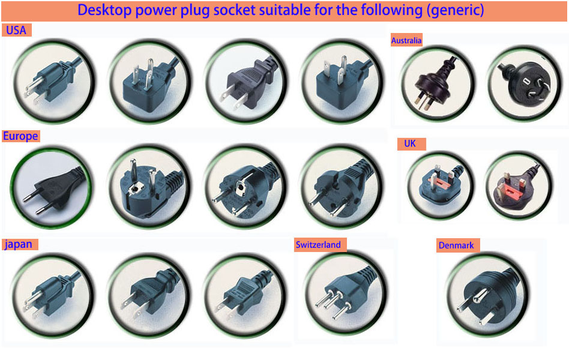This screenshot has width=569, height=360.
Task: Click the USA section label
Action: coord(16,30)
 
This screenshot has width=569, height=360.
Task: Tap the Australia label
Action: coord(406,40)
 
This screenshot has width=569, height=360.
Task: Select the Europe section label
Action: coord(20,136)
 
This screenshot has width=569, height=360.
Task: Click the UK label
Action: coord(410,144)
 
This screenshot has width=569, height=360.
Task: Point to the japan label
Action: coord(19,244)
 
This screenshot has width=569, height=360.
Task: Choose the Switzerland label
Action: coord(318,245)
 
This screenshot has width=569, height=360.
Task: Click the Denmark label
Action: coord(456,245)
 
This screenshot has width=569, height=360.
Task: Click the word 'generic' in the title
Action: coord(455,10)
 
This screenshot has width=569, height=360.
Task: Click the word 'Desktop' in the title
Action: coord(104,10)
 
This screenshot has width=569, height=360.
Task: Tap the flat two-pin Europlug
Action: coord(55,191)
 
